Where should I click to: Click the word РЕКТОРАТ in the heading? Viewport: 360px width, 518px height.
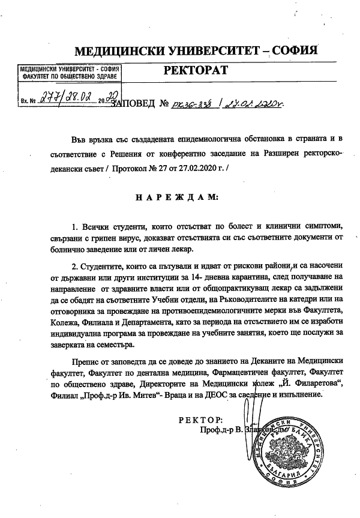click(196, 71)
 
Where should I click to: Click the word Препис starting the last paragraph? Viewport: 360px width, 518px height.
click(84, 363)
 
